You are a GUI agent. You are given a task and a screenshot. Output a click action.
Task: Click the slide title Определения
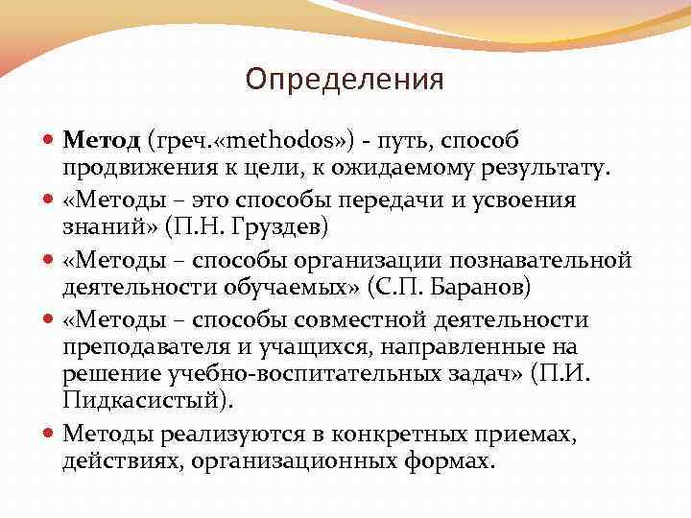point(345,79)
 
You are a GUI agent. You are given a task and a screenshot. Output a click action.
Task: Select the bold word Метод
point(102,141)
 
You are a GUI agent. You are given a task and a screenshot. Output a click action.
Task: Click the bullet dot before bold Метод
point(50,141)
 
